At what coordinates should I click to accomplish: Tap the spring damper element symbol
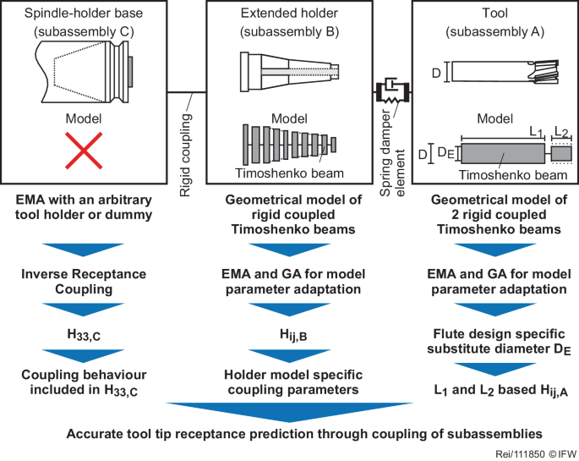point(391,89)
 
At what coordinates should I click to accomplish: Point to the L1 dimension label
point(533,133)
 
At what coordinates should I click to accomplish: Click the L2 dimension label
point(561,133)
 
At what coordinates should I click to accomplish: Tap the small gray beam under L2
point(560,154)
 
